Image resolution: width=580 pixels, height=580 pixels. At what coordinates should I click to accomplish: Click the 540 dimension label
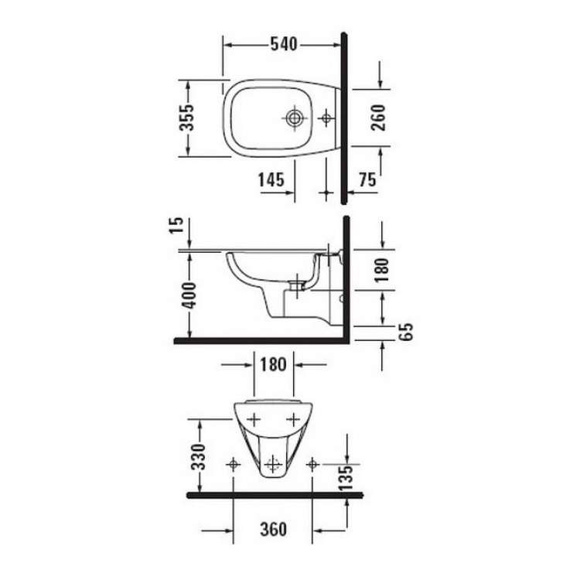pyautogui.click(x=284, y=44)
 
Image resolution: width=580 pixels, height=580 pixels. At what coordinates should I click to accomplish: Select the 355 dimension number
pyautogui.click(x=187, y=118)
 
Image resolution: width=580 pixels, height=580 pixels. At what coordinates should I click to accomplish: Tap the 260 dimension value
pyautogui.click(x=378, y=118)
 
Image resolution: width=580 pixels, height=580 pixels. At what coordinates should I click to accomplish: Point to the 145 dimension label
pyautogui.click(x=271, y=180)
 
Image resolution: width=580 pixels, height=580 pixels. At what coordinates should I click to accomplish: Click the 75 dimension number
pyautogui.click(x=367, y=180)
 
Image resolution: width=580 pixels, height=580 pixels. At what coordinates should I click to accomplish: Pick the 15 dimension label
pyautogui.click(x=176, y=225)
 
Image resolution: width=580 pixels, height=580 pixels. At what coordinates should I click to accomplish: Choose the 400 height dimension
pyautogui.click(x=189, y=295)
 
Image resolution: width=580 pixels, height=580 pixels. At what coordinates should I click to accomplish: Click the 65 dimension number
pyautogui.click(x=406, y=332)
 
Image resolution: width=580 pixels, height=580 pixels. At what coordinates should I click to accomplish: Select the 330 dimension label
pyautogui.click(x=198, y=457)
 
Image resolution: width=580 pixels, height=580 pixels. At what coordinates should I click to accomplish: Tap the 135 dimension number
pyautogui.click(x=346, y=478)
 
